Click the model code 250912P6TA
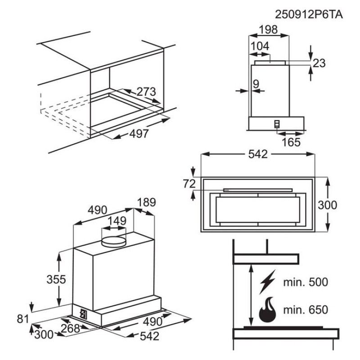coord(309,15)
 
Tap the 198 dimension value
coord(268,29)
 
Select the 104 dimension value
coord(260,46)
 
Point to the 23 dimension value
coord(319,63)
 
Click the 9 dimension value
coord(256,84)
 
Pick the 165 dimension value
coord(291,142)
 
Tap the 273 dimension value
coord(146,92)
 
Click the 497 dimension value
coord(139,134)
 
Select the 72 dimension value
coord(189,184)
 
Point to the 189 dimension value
coord(147,202)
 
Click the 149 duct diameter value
coord(117,221)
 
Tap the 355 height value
coord(56,279)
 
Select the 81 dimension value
coord(23,319)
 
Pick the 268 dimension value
coord(71,328)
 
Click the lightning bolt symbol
coord(267,282)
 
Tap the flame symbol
coord(267,310)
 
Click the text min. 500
coord(306,282)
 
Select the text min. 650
coord(306,310)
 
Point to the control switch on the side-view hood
coord(277,124)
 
